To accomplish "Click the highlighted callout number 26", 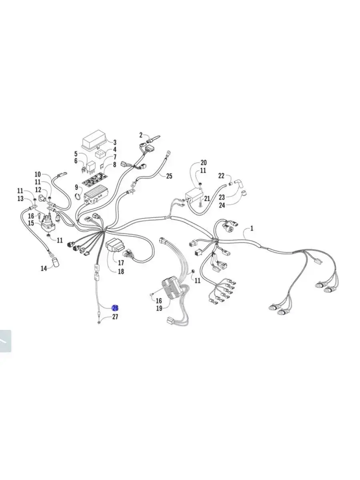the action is [115, 308].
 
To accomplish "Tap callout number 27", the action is [115, 317].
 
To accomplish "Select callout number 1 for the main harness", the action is [252, 228].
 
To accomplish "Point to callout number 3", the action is [115, 142].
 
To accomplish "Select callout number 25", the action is [169, 176].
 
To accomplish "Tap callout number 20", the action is [204, 163].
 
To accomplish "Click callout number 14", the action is [44, 268].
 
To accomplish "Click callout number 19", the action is [159, 308].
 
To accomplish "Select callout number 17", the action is [121, 262].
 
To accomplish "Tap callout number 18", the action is [121, 271].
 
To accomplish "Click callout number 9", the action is [76, 187].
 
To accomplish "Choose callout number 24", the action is [222, 205].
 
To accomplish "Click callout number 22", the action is [221, 176].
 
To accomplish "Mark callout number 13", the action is [20, 199].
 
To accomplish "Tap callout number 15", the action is [31, 223].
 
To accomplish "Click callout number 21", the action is [207, 198].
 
